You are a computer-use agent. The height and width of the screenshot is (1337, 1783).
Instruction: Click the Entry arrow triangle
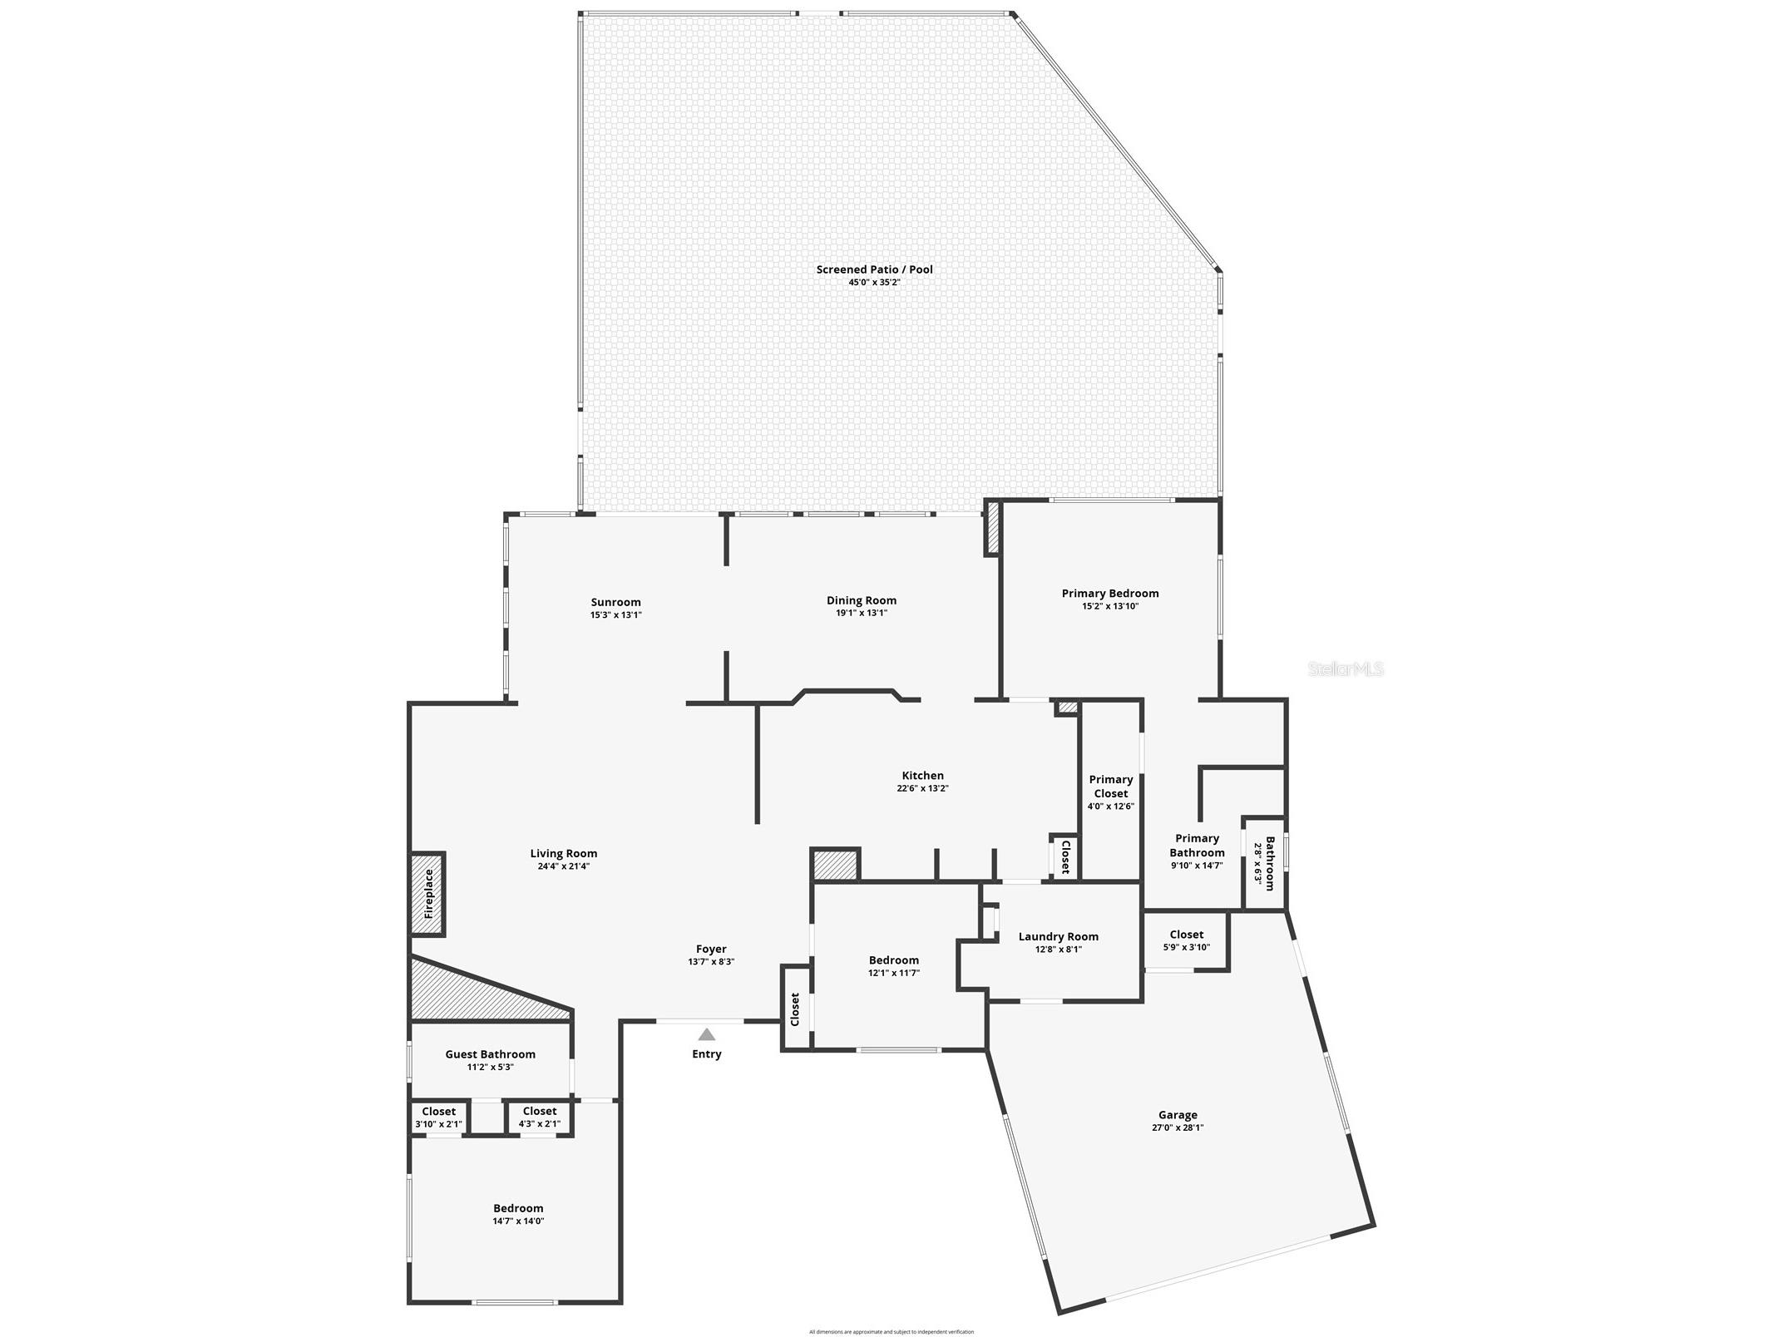click(x=706, y=1034)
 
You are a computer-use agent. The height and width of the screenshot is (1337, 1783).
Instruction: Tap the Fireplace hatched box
click(x=428, y=893)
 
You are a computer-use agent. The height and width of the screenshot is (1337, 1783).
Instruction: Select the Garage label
click(x=1178, y=1115)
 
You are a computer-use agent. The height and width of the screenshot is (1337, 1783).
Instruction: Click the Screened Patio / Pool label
click(x=874, y=269)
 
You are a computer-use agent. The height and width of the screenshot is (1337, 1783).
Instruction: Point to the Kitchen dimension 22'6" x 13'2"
click(x=922, y=788)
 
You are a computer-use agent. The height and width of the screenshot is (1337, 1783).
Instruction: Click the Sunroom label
click(x=615, y=602)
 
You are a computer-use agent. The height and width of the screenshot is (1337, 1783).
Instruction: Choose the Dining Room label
click(x=861, y=600)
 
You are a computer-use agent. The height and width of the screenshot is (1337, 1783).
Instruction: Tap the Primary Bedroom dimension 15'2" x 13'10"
click(x=1109, y=606)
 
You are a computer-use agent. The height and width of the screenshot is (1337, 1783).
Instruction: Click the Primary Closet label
click(x=1110, y=786)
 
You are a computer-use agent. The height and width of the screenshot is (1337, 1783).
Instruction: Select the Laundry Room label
click(x=1058, y=936)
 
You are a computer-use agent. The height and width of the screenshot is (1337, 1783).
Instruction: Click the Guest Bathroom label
click(x=490, y=1053)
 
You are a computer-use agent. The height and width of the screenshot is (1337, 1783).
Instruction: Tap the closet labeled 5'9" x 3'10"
click(x=1186, y=940)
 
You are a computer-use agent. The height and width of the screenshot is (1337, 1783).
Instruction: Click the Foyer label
click(x=711, y=949)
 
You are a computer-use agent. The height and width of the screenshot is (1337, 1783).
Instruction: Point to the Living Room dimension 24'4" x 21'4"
click(x=563, y=866)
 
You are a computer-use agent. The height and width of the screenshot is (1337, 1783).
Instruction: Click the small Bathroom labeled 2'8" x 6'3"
click(x=1264, y=863)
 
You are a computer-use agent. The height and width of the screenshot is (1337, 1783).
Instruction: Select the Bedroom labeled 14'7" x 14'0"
click(x=518, y=1214)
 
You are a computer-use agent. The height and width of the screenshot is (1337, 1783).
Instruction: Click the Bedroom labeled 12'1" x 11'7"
click(x=893, y=966)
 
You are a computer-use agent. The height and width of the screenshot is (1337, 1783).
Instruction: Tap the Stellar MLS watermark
click(x=1346, y=668)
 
